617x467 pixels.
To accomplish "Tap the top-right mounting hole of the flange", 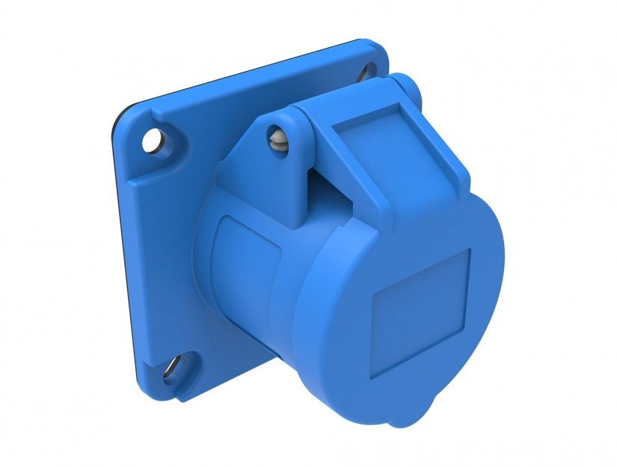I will coord(368,72).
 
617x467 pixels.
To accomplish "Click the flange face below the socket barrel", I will coord(224,359).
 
